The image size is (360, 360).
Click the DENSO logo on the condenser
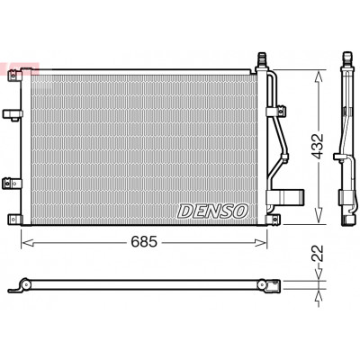click(212, 211)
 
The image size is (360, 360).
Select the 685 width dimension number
click(144, 242)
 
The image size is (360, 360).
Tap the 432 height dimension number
click(318, 146)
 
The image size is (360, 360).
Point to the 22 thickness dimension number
click(319, 254)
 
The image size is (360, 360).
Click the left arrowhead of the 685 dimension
click(27, 242)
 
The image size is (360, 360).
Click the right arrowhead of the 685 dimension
click(260, 242)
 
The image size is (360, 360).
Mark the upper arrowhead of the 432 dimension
click(319, 77)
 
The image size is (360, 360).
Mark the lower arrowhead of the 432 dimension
click(319, 217)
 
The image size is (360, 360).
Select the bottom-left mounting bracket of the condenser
click(14, 220)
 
